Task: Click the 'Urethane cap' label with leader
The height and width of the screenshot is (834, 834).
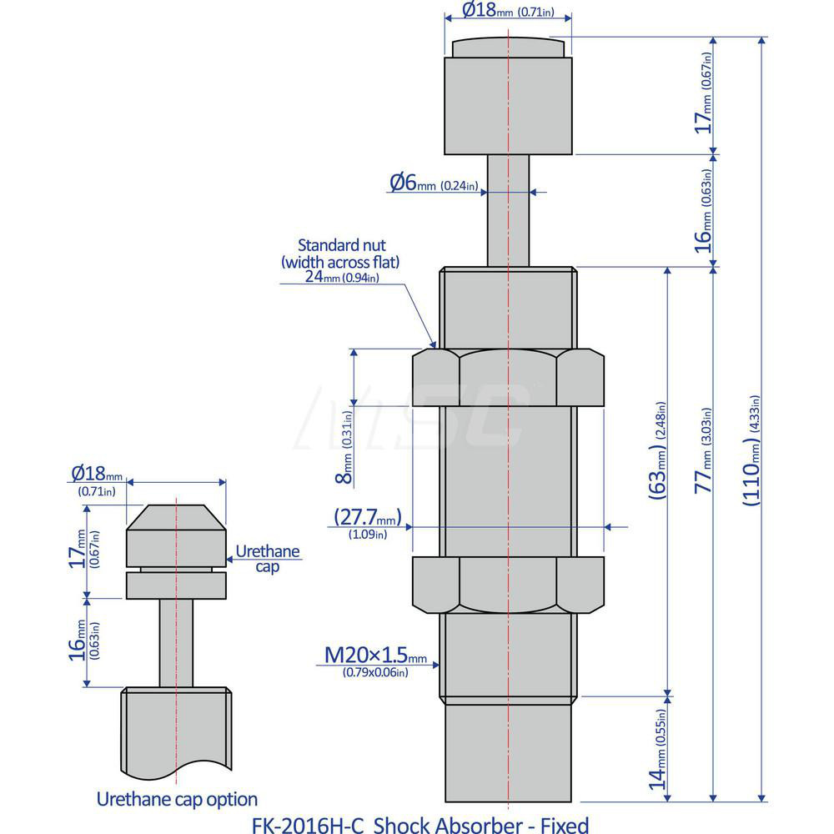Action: pyautogui.click(x=267, y=558)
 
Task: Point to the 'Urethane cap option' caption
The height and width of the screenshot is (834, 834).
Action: pyautogui.click(x=177, y=798)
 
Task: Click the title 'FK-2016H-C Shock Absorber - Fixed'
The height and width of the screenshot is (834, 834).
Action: pyautogui.click(x=420, y=825)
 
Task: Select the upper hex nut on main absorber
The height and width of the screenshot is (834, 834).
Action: pyautogui.click(x=508, y=377)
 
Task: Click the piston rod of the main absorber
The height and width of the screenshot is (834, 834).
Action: pyautogui.click(x=508, y=208)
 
